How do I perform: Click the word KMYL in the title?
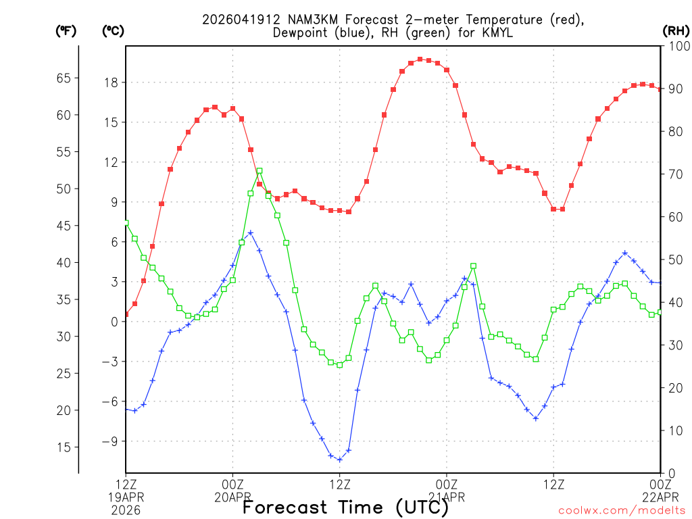click(499, 32)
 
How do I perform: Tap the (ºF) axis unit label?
click(66, 30)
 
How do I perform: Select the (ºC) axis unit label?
click(113, 30)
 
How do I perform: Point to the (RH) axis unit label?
click(675, 30)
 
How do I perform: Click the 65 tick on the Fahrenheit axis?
click(64, 78)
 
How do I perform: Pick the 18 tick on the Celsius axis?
click(110, 82)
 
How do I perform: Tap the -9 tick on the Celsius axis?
click(107, 441)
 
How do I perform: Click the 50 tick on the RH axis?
click(674, 259)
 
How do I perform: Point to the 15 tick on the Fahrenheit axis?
click(64, 447)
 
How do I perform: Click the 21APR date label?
click(447, 497)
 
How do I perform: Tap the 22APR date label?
click(660, 497)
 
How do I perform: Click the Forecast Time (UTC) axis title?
click(345, 507)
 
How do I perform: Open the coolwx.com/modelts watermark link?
click(621, 511)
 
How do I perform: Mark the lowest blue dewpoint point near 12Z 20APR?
click(339, 460)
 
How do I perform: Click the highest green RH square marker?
click(259, 172)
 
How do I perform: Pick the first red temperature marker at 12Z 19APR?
click(126, 314)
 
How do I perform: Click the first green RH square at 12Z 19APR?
click(126, 222)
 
